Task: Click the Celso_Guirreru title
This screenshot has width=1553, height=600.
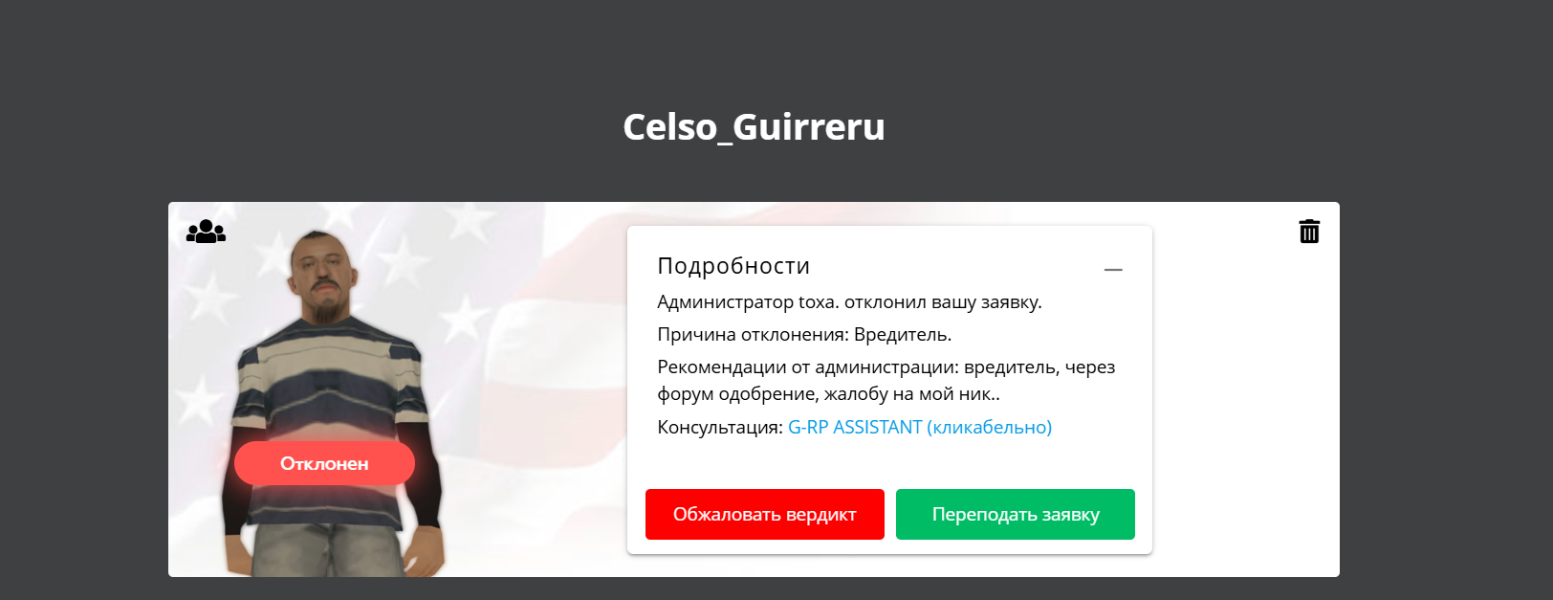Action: coord(754,127)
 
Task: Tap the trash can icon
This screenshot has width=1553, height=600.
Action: coord(1309,231)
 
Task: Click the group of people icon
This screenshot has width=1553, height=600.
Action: coord(206,231)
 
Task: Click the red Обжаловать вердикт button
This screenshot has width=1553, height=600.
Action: coord(765,514)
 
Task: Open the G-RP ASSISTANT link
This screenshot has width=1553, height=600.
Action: coord(920,427)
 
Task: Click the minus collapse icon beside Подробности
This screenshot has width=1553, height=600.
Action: coord(1113,269)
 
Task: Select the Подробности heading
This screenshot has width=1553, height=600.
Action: coord(733,266)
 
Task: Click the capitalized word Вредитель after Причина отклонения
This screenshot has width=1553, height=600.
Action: coord(902,335)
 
